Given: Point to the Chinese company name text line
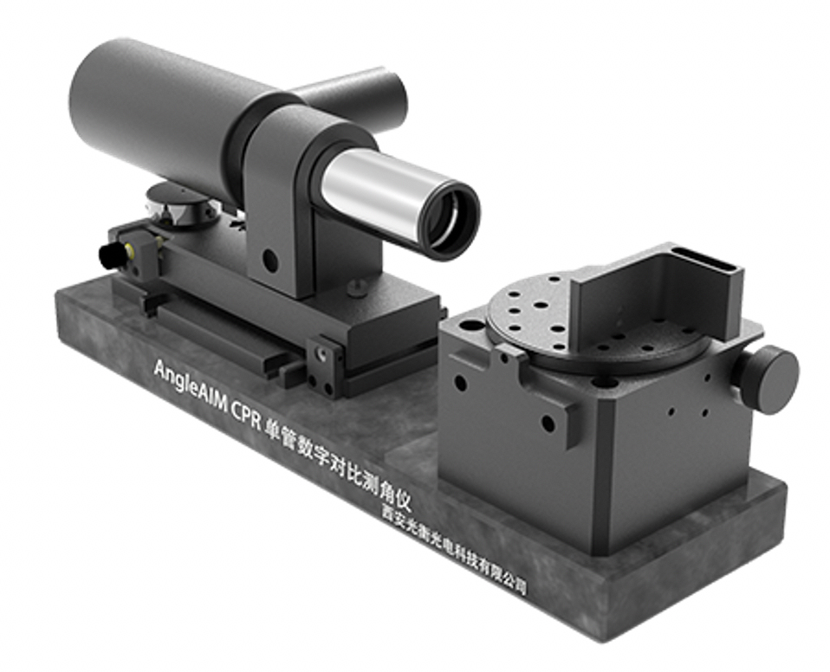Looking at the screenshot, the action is click(455, 549).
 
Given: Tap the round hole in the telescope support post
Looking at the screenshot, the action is click(270, 259).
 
